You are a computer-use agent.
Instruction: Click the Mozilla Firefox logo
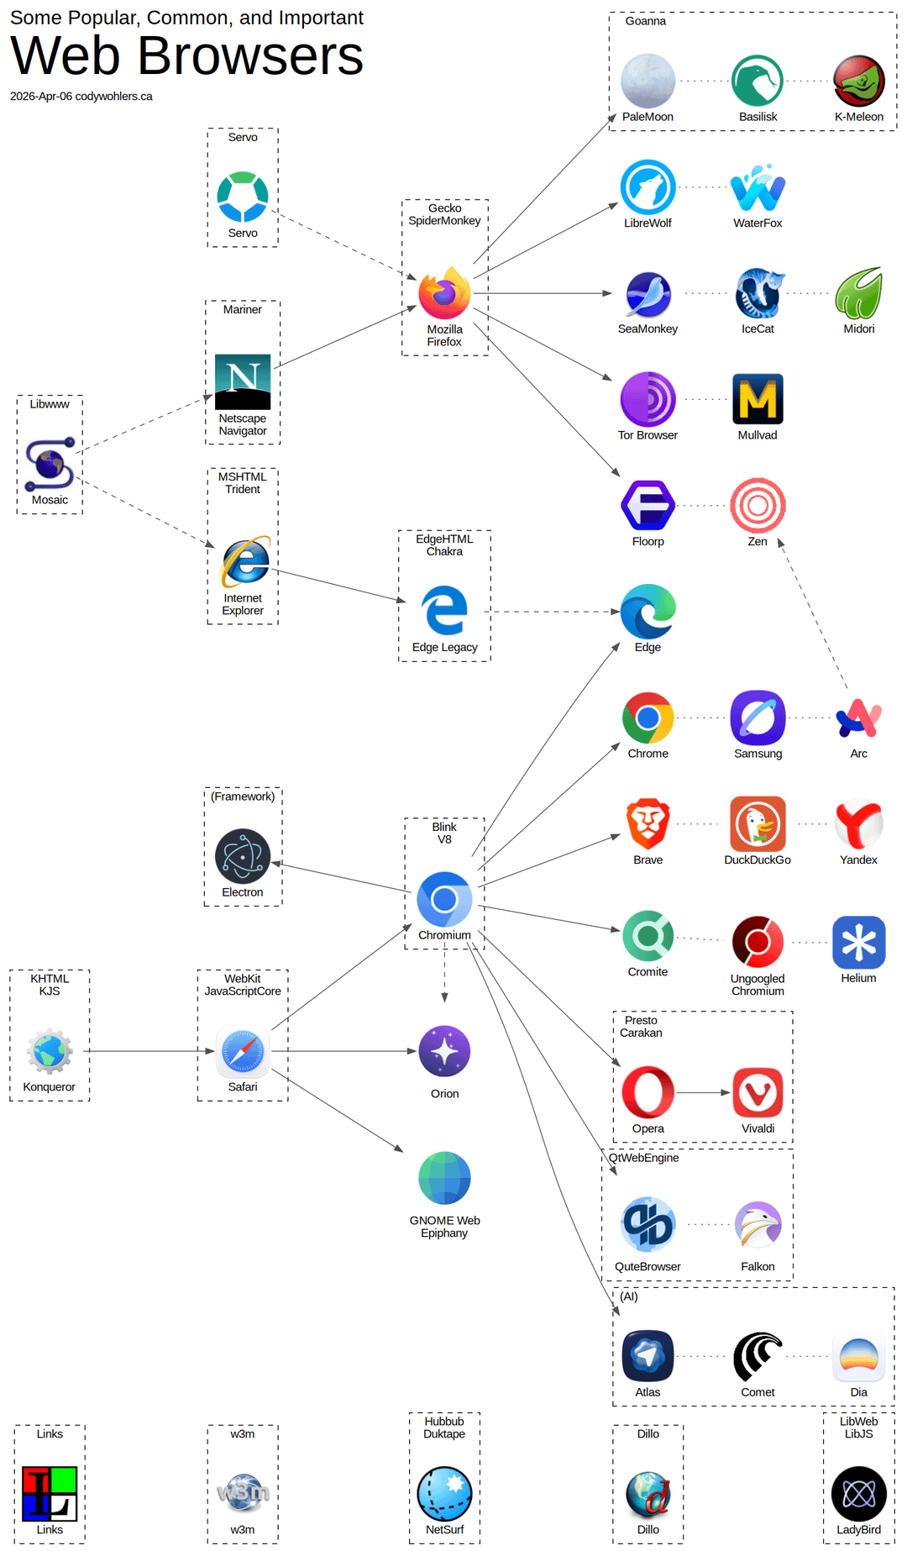coord(444,293)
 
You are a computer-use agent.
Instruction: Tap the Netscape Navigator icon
coord(243,381)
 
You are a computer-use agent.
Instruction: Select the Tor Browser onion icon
coord(647,399)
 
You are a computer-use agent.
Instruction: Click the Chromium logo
coord(444,899)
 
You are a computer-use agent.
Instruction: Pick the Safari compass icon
coord(243,1051)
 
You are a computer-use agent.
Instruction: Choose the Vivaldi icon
coord(758,1093)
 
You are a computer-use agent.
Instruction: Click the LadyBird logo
coord(858,1494)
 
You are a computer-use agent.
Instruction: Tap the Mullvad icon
coord(758,399)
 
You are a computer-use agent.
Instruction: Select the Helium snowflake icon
coord(858,943)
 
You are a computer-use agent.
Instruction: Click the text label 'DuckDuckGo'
coord(758,860)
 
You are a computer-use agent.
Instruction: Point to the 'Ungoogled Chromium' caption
coord(758,985)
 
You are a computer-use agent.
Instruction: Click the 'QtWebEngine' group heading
coord(644,1158)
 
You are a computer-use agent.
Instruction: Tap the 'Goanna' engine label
coord(646,21)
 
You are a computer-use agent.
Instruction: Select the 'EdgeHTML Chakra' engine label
coord(444,545)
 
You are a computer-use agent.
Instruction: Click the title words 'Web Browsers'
coord(186,55)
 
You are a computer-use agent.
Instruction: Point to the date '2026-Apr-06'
coord(41,97)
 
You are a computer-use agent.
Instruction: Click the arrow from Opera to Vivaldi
coord(704,1092)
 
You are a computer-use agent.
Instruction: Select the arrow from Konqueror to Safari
coord(149,1051)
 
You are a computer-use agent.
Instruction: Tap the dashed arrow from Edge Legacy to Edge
coord(553,612)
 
